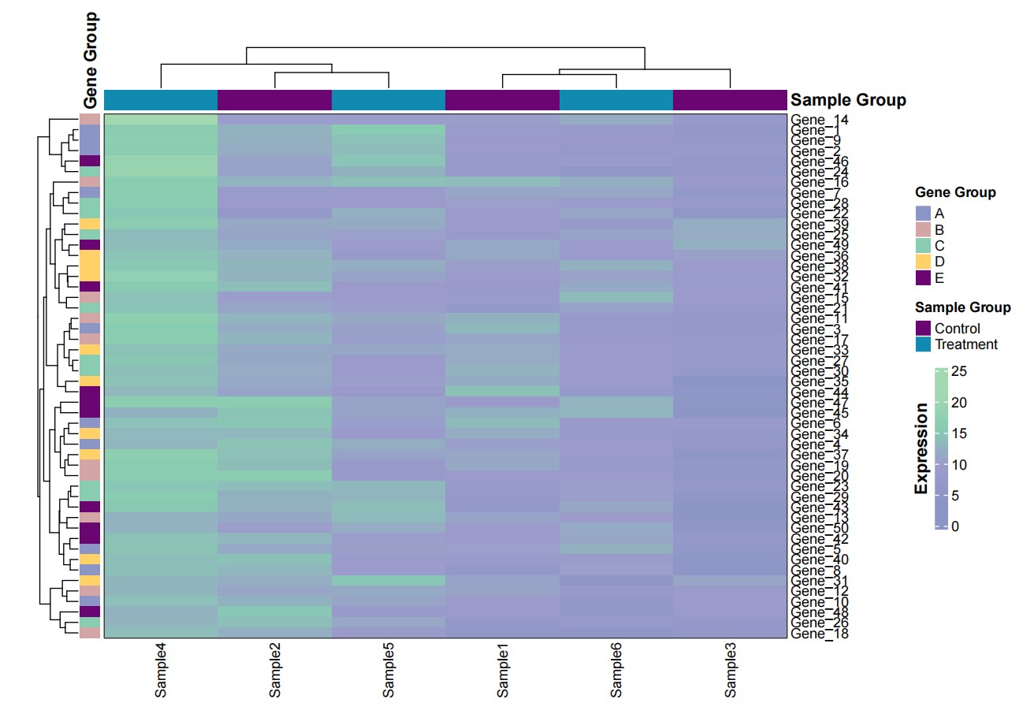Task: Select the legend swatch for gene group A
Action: (923, 214)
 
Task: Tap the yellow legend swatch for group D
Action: (923, 262)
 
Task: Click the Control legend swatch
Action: (923, 328)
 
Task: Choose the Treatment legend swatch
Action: (923, 344)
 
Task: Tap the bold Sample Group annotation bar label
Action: (848, 100)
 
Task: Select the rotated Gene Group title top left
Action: (91, 60)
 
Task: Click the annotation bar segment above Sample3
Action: (731, 100)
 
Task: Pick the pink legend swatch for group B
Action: (923, 229)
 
